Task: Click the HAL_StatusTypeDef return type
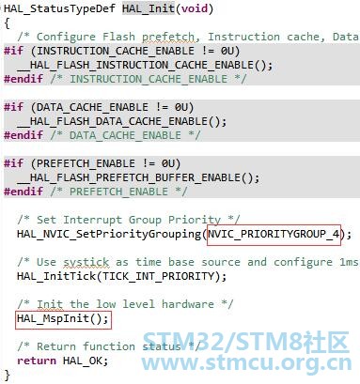click(59, 8)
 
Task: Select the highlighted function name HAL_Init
click(149, 8)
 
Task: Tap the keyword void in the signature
click(195, 8)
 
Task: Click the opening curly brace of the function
click(7, 23)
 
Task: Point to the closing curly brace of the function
click(7, 375)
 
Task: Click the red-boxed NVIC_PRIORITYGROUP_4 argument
click(274, 234)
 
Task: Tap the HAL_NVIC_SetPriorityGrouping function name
click(109, 234)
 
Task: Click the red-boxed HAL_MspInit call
click(63, 319)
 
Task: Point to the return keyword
click(37, 361)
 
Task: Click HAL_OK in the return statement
click(82, 361)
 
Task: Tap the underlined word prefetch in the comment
click(168, 37)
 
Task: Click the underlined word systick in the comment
click(86, 262)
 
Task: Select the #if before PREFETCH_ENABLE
click(13, 163)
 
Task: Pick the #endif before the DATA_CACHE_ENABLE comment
click(23, 135)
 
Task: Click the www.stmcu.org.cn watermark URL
click(246, 362)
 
